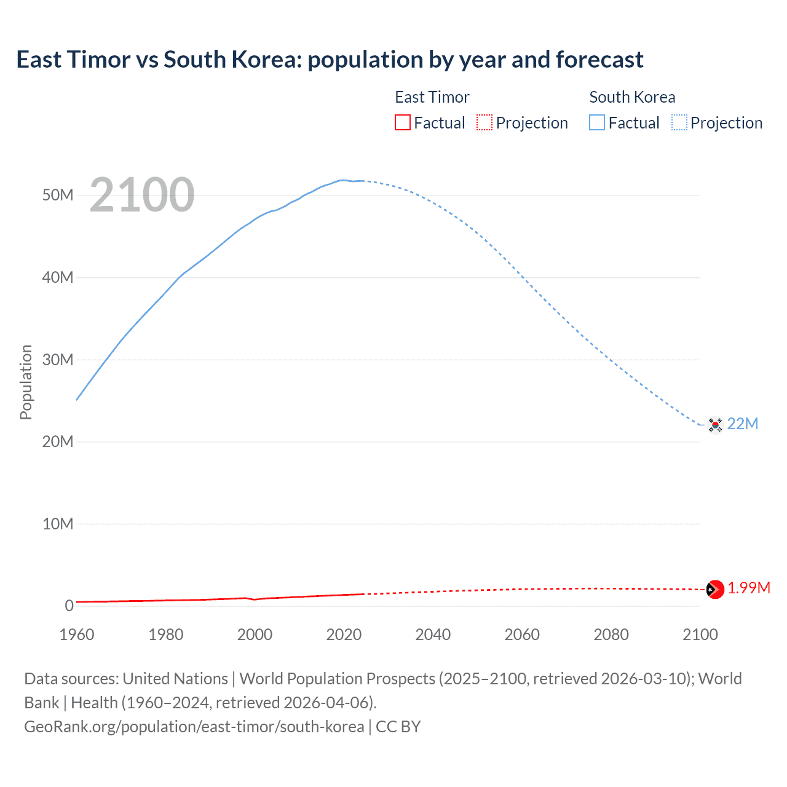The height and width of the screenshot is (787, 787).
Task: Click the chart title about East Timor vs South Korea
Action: (x=330, y=60)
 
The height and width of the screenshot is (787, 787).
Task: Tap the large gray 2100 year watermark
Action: (x=142, y=195)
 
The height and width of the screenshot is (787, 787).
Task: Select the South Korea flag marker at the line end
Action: (x=714, y=424)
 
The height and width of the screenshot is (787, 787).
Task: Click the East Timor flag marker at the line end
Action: (x=714, y=589)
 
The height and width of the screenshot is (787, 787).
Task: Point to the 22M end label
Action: (x=743, y=424)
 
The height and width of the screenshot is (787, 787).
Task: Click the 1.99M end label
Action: (x=749, y=588)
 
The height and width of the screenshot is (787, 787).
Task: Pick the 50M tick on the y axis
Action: (x=58, y=196)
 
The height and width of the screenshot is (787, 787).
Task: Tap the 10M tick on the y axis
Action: (x=58, y=524)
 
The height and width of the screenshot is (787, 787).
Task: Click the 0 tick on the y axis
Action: (x=69, y=606)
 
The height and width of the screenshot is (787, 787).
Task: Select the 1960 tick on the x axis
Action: (x=77, y=635)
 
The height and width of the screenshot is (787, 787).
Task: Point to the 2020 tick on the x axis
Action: (x=344, y=635)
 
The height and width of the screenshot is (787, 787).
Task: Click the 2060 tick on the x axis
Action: (x=522, y=635)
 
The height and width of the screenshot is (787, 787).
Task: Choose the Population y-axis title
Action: (x=26, y=382)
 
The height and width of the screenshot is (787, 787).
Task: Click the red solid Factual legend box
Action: (x=403, y=123)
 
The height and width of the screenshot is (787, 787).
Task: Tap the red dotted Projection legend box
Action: (x=484, y=123)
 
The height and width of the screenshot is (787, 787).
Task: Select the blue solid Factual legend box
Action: (x=597, y=123)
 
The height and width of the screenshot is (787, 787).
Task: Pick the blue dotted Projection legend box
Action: (x=679, y=123)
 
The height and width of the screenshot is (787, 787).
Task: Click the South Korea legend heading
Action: (x=632, y=97)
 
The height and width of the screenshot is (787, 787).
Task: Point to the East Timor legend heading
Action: (x=432, y=97)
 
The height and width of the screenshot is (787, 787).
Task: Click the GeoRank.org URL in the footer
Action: (x=194, y=727)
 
